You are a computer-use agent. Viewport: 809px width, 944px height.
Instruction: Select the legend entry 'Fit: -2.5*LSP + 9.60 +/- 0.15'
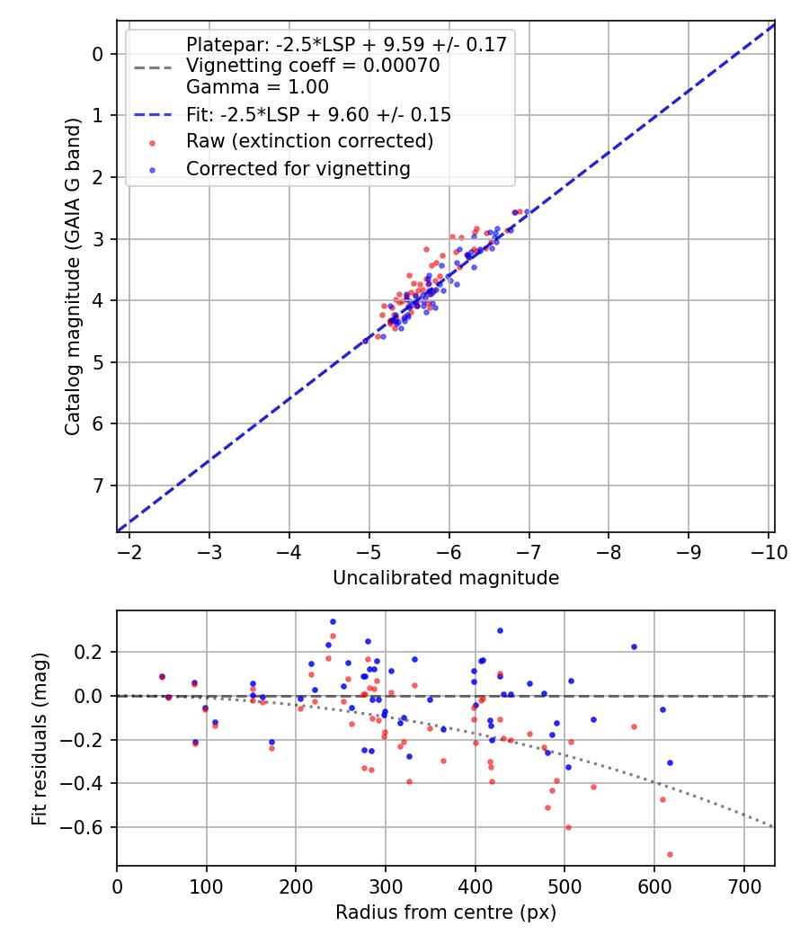pos(318,114)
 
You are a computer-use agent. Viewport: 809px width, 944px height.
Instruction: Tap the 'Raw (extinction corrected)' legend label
pos(309,141)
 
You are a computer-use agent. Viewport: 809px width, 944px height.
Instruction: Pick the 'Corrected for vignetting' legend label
pos(298,168)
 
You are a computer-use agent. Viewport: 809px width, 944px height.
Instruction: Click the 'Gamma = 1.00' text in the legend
pos(257,87)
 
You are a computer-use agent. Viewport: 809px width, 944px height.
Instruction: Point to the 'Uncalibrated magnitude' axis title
pos(446,578)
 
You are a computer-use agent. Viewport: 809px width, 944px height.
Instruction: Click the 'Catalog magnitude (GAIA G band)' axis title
pos(74,277)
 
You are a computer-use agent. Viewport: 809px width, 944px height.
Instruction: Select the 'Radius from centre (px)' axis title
pos(446,913)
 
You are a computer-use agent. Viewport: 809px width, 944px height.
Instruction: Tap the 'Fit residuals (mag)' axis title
pos(39,738)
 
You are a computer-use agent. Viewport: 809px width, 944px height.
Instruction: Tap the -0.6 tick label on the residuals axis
pos(88,827)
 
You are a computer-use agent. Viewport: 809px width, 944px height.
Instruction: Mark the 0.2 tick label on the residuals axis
pos(93,652)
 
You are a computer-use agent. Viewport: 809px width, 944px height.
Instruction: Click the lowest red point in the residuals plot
pos(670,854)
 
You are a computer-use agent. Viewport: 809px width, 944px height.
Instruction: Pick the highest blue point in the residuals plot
pos(333,621)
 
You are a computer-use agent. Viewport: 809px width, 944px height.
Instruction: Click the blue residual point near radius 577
pos(634,646)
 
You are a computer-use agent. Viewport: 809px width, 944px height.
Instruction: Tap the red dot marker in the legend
pos(152,142)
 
